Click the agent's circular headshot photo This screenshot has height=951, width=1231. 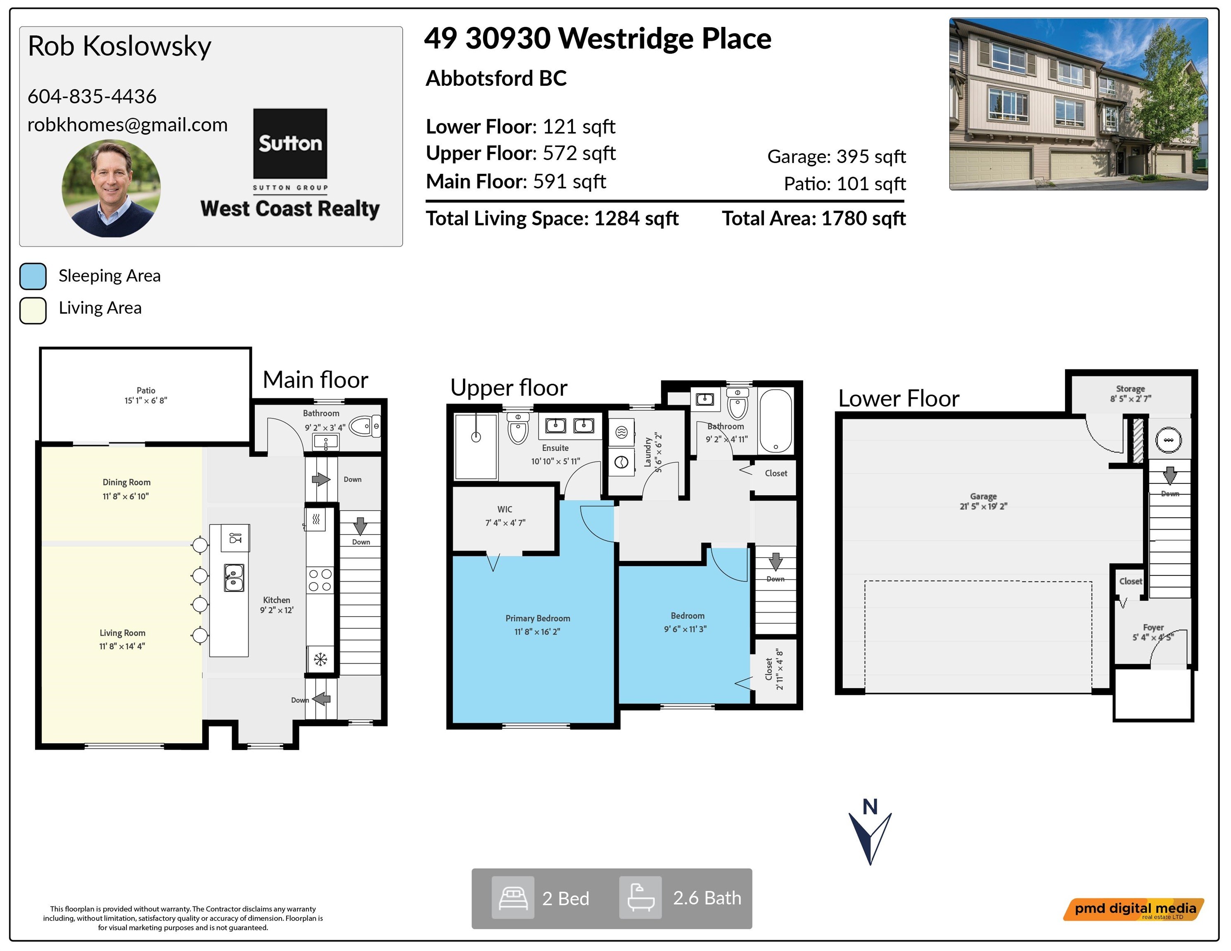click(x=111, y=188)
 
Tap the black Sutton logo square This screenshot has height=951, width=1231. click(x=290, y=144)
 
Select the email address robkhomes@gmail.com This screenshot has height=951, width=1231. click(x=127, y=125)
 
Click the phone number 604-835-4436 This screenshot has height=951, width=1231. click(x=92, y=96)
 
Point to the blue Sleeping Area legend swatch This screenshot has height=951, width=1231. click(x=33, y=276)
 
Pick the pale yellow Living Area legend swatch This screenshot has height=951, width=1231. click(x=33, y=310)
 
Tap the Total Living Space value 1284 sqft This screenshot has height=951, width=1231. click(x=636, y=219)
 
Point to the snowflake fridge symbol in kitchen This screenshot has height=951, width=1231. click(x=320, y=659)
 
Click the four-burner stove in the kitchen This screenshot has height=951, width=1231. click(x=320, y=580)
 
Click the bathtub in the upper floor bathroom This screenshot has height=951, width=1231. click(x=776, y=421)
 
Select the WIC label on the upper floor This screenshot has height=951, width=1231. click(x=505, y=509)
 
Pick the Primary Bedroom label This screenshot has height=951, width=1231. click(x=538, y=619)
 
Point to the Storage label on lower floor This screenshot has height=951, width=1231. click(x=1131, y=389)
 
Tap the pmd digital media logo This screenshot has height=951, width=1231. click(x=1134, y=909)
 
